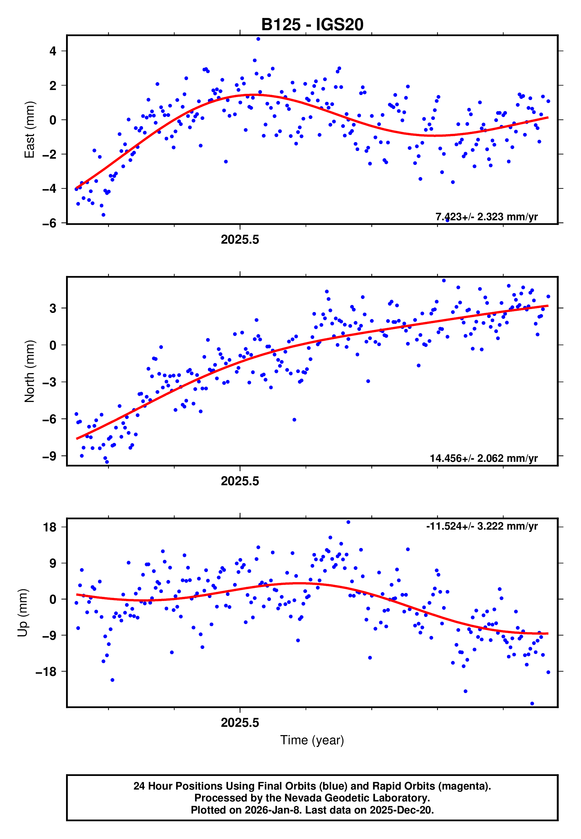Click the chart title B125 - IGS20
[x=312, y=24]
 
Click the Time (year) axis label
[x=312, y=740]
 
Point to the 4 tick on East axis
[x=53, y=51]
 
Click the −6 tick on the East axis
[x=49, y=223]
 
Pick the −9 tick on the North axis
[x=49, y=456]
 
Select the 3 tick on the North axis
[x=53, y=308]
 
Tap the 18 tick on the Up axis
[x=49, y=527]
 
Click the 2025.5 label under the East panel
[x=240, y=240]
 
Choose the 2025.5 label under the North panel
[x=240, y=481]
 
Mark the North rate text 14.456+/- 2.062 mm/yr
[x=484, y=458]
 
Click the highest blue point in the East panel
[x=258, y=39]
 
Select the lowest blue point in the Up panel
[x=532, y=703]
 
